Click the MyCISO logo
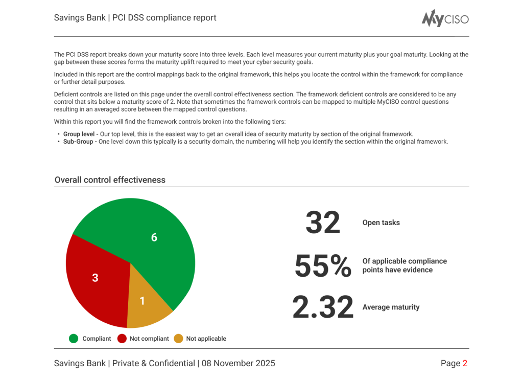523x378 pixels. click(445, 18)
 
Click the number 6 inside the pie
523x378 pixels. click(154, 237)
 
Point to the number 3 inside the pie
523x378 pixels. click(95, 278)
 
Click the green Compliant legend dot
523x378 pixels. click(74, 339)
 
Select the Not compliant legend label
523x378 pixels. click(149, 339)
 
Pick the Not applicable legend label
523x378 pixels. click(206, 339)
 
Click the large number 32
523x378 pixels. click(323, 223)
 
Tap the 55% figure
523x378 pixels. click(323, 266)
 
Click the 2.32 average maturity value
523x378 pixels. click(323, 307)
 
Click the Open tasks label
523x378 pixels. click(381, 223)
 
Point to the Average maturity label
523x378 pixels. click(391, 307)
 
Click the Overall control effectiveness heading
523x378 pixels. click(110, 180)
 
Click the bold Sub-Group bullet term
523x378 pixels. click(78, 142)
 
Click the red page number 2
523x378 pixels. click(465, 364)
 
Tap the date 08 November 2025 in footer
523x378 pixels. click(238, 364)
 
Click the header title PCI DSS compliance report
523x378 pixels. click(164, 18)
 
